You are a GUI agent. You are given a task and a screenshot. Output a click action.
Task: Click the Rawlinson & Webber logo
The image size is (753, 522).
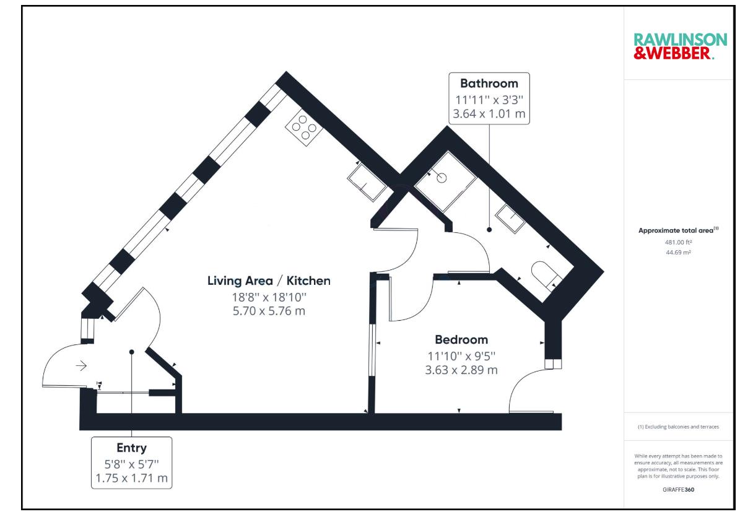click(680, 46)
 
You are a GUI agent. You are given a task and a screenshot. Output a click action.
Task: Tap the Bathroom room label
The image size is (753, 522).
click(489, 84)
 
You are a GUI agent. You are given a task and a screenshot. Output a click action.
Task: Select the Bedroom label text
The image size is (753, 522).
click(461, 340)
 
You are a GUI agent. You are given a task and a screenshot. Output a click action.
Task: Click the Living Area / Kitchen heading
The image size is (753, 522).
click(269, 281)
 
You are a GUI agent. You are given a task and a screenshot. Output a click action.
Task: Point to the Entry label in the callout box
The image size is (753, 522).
click(131, 448)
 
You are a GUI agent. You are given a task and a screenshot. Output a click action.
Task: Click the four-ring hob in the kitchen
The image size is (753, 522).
click(304, 128)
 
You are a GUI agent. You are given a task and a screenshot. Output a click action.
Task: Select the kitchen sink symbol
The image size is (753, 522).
click(367, 183)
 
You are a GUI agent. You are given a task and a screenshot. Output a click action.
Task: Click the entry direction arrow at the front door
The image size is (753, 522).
click(81, 365)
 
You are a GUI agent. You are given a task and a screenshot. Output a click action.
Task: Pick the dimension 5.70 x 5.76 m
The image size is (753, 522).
click(269, 311)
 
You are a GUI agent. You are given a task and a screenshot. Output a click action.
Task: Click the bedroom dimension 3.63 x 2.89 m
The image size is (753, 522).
click(461, 370)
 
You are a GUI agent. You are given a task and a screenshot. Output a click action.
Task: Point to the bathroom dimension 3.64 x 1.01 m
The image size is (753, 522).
click(489, 114)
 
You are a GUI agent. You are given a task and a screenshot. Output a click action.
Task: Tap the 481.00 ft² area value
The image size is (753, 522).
click(678, 242)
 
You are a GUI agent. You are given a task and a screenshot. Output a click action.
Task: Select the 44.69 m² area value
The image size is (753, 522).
click(678, 253)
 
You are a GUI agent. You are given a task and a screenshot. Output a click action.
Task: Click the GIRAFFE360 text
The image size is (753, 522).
click(678, 490)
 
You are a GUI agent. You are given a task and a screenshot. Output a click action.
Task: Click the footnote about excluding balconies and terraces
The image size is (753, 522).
click(678, 427)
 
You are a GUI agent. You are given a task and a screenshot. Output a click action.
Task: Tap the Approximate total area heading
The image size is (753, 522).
click(678, 230)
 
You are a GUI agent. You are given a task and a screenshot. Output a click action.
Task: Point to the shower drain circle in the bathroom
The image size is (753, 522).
click(442, 178)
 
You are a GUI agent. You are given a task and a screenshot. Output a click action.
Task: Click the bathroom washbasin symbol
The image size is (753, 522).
click(510, 219)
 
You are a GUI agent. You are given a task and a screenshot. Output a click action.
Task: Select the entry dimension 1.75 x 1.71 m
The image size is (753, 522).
click(131, 478)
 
